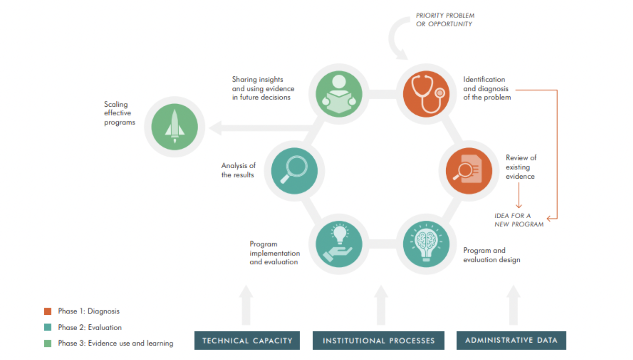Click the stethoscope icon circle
[x=426, y=94]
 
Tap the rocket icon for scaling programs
[x=174, y=127]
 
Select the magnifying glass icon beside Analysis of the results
[x=294, y=170]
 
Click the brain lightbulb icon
[x=426, y=244]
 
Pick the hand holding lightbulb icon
[x=339, y=244]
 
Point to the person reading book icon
[x=339, y=94]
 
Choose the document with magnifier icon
[x=469, y=170]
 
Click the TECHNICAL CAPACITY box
[x=247, y=340]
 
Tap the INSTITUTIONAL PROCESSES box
[x=378, y=340]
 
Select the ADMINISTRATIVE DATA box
[x=511, y=340]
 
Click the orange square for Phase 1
[x=48, y=311]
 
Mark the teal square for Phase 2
[x=48, y=327]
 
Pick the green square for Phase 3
[x=48, y=343]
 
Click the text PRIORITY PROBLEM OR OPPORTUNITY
[x=445, y=20]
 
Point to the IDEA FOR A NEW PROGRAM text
[x=519, y=220]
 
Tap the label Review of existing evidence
[x=520, y=167]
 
